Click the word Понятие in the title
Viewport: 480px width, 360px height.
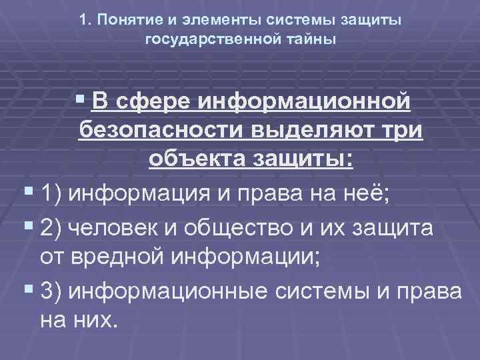[124, 21]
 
